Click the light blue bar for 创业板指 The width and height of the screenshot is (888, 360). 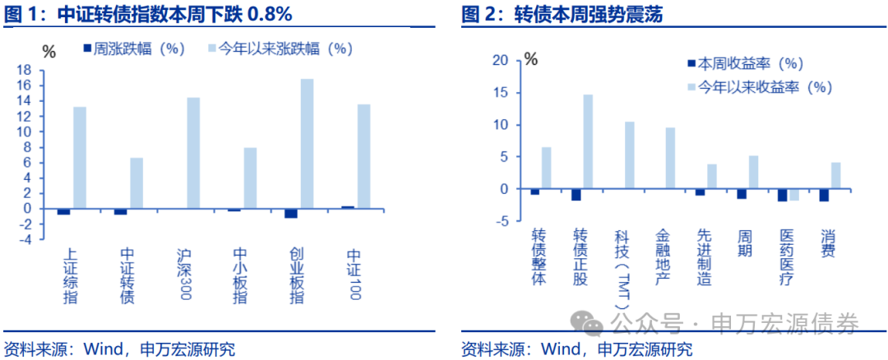[x=307, y=144]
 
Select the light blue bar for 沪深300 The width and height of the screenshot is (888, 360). [x=193, y=153]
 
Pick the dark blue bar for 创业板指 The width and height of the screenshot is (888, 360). [x=291, y=213]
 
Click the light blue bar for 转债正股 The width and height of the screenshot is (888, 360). [x=588, y=141]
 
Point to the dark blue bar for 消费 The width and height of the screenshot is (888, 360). [x=824, y=195]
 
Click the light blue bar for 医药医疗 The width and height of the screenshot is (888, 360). [x=794, y=195]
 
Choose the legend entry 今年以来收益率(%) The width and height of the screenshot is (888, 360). [x=756, y=87]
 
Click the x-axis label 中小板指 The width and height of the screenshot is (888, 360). [x=239, y=275]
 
